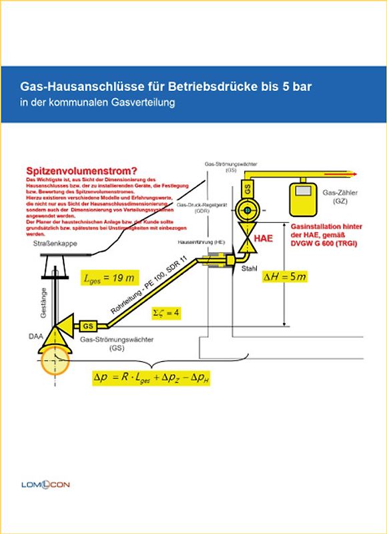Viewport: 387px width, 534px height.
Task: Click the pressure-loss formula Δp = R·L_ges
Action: [x=151, y=377]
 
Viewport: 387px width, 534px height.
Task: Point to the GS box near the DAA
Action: [x=88, y=326]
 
